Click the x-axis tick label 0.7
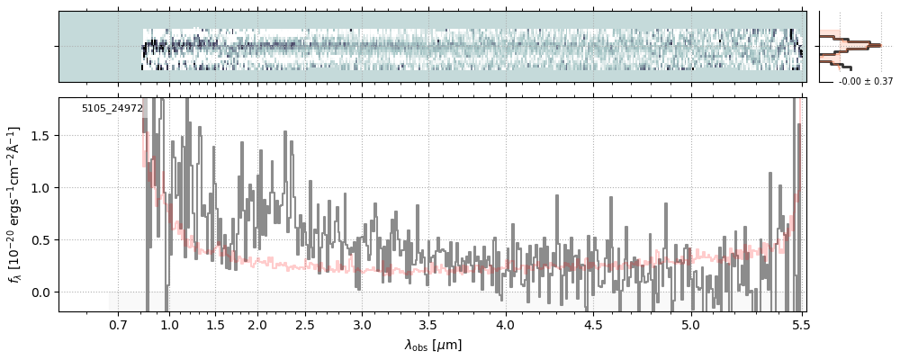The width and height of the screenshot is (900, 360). tap(118, 324)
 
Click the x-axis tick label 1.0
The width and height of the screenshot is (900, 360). tap(169, 324)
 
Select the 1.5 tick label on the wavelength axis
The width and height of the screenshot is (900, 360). tap(216, 324)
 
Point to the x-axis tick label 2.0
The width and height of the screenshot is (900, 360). tap(257, 324)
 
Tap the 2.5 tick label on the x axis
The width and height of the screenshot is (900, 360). tap(305, 324)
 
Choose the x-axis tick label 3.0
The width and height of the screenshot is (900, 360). tap(362, 324)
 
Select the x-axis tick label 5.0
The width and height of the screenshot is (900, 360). tap(690, 324)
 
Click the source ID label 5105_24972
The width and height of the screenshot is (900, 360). tap(112, 109)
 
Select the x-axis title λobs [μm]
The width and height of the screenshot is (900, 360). tap(433, 344)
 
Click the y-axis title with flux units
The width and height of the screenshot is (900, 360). tap(15, 204)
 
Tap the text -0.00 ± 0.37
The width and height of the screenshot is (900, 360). tap(865, 82)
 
